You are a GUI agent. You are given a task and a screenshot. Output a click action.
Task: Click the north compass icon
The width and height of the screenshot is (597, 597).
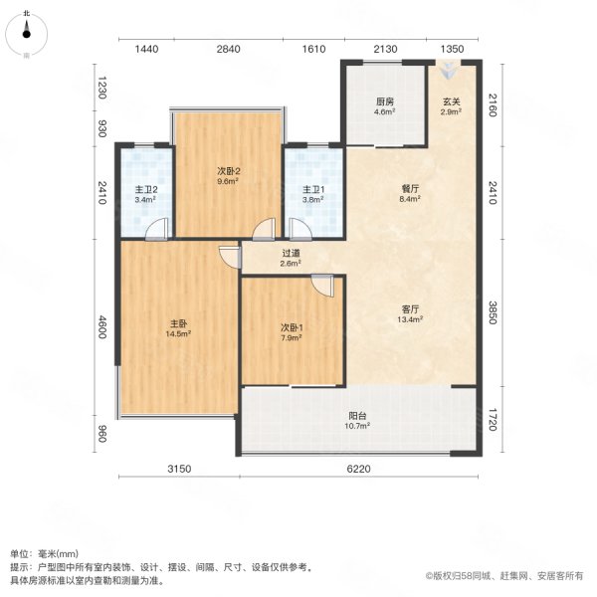(x=27, y=34)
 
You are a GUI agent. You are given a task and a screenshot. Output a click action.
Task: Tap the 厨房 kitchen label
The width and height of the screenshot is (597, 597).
(x=384, y=101)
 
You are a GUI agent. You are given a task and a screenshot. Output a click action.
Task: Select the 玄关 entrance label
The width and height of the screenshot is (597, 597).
(x=451, y=101)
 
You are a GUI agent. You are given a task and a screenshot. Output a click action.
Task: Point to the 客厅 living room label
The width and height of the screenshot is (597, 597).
(x=411, y=308)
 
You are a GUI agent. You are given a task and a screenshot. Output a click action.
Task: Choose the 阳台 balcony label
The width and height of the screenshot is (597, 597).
(x=357, y=415)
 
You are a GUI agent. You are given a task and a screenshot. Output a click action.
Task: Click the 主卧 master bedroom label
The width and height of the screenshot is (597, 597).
(x=179, y=322)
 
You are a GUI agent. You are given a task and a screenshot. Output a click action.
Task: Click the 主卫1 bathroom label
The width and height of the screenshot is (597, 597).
(x=314, y=188)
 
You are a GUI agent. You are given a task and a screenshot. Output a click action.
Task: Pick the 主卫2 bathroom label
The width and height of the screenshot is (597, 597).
(x=146, y=188)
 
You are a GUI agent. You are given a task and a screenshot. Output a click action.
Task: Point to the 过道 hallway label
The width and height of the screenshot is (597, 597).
(x=291, y=254)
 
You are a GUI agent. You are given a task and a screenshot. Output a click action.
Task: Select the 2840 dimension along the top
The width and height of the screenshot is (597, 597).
(x=229, y=48)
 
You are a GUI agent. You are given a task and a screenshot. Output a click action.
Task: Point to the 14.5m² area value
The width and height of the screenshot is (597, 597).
(x=179, y=333)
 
